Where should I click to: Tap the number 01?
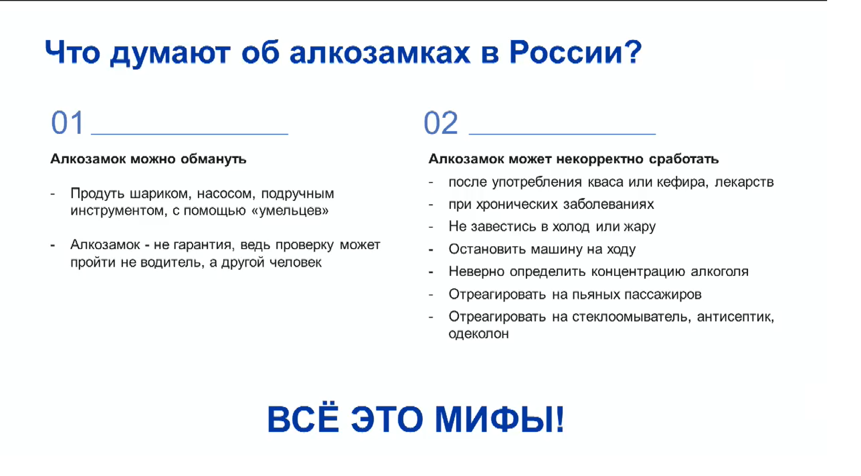pyautogui.click(x=67, y=122)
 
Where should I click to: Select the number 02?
pyautogui.click(x=441, y=123)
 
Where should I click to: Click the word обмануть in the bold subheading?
pyautogui.click(x=213, y=159)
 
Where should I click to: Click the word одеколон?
pyautogui.click(x=479, y=334)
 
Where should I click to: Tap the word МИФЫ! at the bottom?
pyautogui.click(x=500, y=419)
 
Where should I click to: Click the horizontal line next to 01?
pyautogui.click(x=190, y=134)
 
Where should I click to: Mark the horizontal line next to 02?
pyautogui.click(x=562, y=134)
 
